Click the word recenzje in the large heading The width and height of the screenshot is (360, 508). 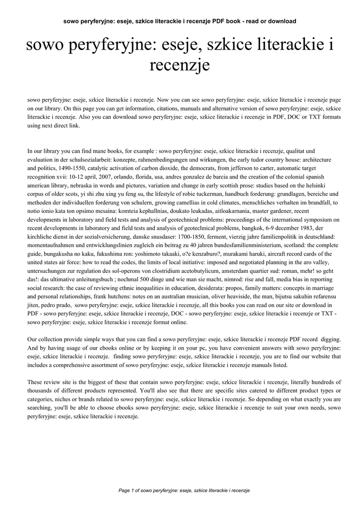point(180,65)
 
